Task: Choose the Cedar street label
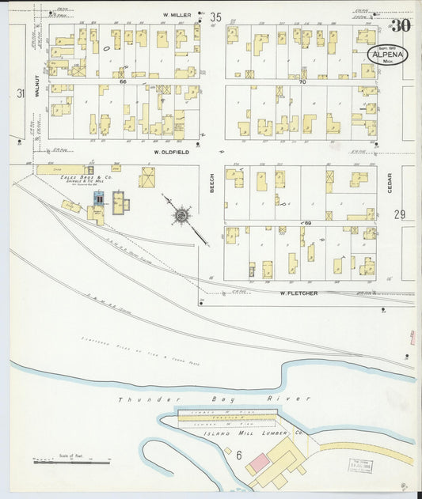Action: (x=390, y=184)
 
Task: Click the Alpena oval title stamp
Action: (x=388, y=55)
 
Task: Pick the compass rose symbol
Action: (x=181, y=214)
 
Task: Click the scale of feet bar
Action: (x=71, y=460)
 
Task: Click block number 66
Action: (x=124, y=81)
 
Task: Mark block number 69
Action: (x=307, y=224)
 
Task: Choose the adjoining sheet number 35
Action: (x=215, y=17)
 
